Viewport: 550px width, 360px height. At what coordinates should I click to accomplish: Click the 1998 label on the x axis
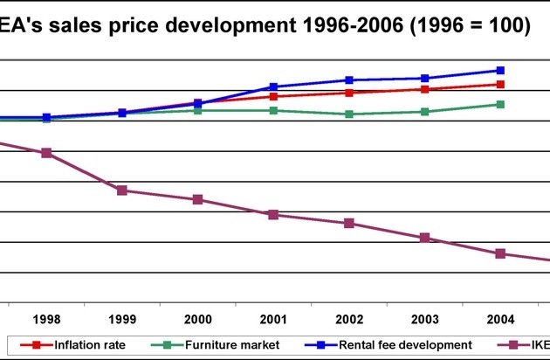pos(46,319)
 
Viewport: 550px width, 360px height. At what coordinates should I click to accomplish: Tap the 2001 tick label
pos(273,319)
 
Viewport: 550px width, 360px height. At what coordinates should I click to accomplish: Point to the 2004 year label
pos(500,319)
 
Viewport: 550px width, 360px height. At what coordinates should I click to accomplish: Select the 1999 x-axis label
pos(122,319)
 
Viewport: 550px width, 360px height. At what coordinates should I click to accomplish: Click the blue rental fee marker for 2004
pos(500,70)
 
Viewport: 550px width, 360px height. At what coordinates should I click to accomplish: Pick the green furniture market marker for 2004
pos(500,104)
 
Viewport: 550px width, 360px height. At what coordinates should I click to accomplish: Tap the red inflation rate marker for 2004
pos(500,84)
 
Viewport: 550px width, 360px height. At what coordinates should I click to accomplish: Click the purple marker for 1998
pos(46,153)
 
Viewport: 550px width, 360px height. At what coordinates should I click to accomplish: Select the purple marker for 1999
pos(122,190)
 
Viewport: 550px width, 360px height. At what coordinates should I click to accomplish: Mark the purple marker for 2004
pos(500,253)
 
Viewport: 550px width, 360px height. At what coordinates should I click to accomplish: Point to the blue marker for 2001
pos(273,87)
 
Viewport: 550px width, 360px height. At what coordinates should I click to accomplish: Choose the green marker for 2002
pos(349,114)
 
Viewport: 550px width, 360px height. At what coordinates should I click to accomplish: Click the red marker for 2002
pos(349,93)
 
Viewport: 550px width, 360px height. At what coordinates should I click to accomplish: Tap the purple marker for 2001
pos(273,215)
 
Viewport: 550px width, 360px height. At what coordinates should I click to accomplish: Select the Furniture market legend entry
pos(219,345)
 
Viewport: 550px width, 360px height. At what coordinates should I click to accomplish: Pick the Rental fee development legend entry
pos(396,345)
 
